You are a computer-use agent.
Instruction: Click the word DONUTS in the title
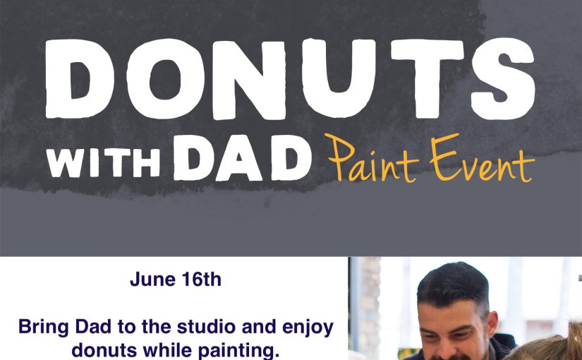tap(290, 79)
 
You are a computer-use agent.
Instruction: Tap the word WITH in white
tap(103, 163)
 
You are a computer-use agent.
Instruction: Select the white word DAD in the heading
tap(243, 158)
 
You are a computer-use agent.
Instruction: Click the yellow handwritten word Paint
tap(373, 160)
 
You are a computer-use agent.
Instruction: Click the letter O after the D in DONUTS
tap(165, 79)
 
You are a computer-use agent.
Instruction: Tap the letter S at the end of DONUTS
tap(503, 79)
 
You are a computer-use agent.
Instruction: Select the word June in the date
tap(152, 280)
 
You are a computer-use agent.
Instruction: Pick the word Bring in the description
tap(44, 328)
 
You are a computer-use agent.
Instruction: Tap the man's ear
tap(492, 324)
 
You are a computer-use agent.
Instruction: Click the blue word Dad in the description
tap(93, 327)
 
